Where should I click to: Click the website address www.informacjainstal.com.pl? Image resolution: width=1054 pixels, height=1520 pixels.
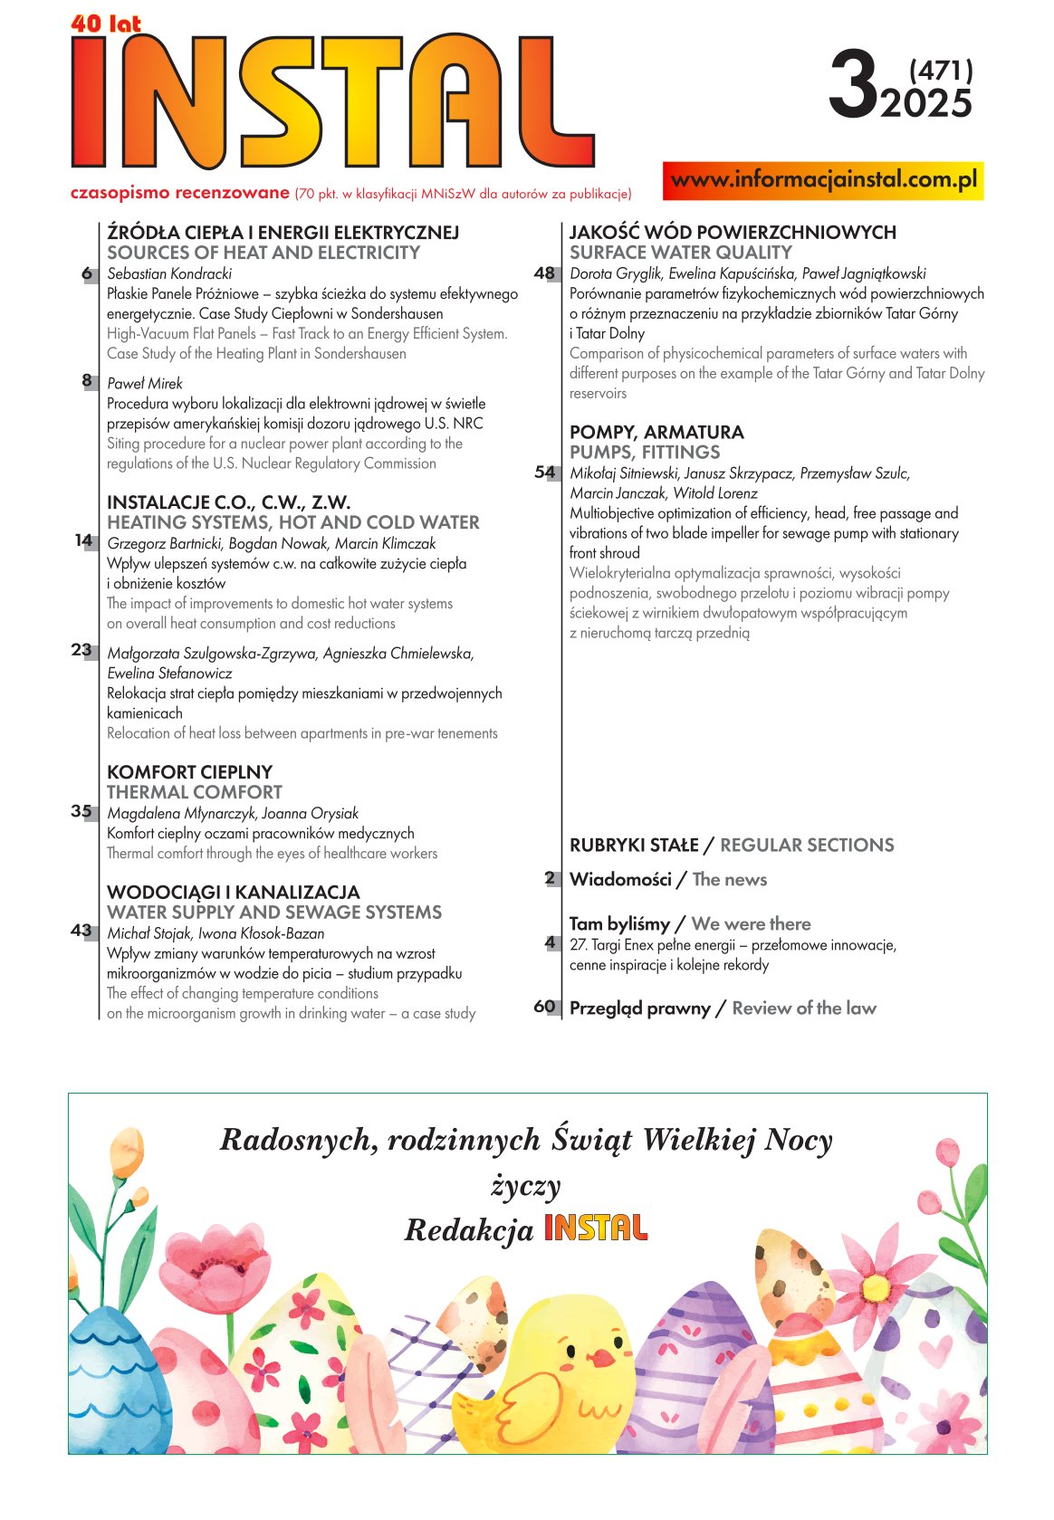[x=823, y=180]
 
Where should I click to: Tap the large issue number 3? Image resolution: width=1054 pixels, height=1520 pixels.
[x=853, y=87]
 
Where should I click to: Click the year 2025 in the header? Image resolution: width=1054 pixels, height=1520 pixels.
[x=926, y=104]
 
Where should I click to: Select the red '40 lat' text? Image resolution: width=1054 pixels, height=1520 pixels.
[x=106, y=24]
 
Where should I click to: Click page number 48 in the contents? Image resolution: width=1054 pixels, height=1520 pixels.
[x=544, y=272]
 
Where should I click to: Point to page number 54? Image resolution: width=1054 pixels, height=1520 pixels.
[x=544, y=472]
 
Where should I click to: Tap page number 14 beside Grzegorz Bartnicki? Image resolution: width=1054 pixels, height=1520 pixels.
[x=83, y=540]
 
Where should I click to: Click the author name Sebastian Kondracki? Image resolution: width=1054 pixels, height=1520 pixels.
[x=169, y=273]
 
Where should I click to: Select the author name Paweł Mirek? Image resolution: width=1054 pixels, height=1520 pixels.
[x=145, y=383]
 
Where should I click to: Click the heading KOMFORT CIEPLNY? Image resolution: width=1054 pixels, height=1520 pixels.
[x=189, y=772]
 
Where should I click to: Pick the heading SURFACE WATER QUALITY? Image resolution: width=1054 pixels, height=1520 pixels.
[x=680, y=253]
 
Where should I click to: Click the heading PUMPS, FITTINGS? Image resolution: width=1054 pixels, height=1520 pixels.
[x=644, y=452]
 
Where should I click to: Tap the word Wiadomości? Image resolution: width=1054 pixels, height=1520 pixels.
[x=620, y=879]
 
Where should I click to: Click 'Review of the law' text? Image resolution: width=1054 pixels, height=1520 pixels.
[x=804, y=1008]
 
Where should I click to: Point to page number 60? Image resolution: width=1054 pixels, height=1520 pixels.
[x=544, y=1007]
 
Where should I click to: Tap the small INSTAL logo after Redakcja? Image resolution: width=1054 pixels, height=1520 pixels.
[x=595, y=1228]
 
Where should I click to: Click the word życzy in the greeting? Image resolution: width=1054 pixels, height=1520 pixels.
[x=526, y=1186]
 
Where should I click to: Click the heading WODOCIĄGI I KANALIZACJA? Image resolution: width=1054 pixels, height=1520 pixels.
[x=233, y=893]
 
